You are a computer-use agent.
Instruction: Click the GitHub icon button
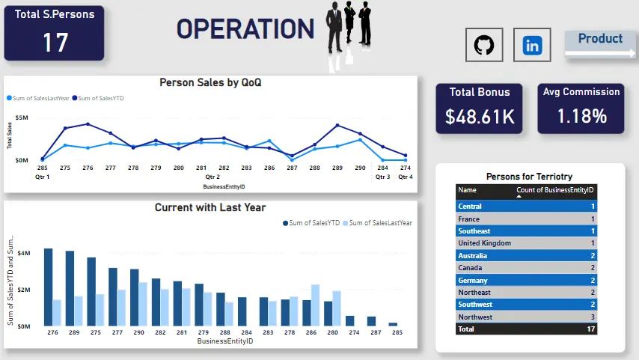click(484, 45)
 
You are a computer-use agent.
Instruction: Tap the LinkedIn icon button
click(532, 45)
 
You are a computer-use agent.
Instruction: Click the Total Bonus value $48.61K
click(480, 117)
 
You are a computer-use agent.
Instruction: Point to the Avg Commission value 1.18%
click(581, 116)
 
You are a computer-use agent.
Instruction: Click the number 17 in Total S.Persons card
click(55, 43)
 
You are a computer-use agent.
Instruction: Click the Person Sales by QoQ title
click(210, 82)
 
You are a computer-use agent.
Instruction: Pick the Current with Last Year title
click(210, 207)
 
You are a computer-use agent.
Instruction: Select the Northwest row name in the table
click(475, 317)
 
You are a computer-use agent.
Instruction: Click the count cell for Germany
click(593, 281)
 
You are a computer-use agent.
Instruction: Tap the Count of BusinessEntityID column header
click(555, 190)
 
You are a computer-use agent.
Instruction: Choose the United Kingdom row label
click(485, 243)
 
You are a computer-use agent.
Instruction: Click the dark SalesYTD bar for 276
click(49, 287)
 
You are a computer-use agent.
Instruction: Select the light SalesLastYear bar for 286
click(316, 305)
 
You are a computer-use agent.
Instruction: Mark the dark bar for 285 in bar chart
click(393, 325)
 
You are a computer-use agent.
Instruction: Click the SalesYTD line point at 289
click(337, 125)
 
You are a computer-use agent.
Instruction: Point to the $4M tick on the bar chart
click(24, 253)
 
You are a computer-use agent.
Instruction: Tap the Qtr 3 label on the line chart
click(382, 177)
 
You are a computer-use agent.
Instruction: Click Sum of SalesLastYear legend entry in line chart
click(38, 98)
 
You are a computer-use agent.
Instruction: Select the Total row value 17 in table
click(591, 329)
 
